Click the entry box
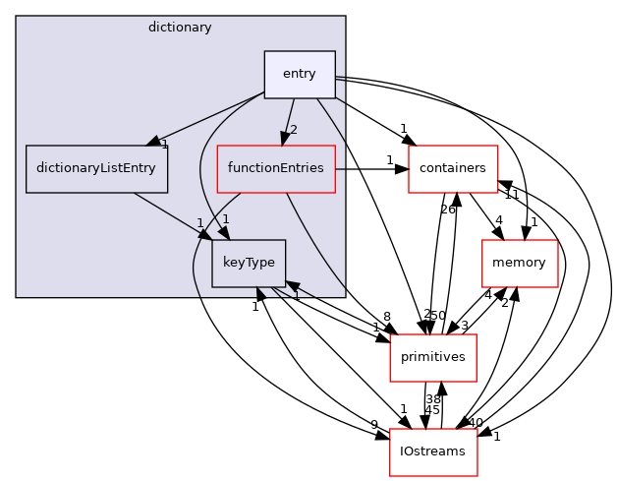[x=300, y=74]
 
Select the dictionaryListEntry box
[x=96, y=168]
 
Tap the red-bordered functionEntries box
[x=276, y=168]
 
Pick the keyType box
[x=249, y=263]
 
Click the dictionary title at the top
[x=180, y=28]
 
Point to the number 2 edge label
[x=293, y=130]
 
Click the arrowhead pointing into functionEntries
[x=285, y=139]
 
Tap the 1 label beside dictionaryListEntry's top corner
[x=165, y=146]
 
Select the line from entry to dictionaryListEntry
[x=211, y=117]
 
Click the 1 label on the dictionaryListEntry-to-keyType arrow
[x=199, y=222]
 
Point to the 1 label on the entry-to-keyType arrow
[x=225, y=218]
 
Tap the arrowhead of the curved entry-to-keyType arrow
[x=223, y=233]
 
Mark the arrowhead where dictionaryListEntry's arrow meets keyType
[x=204, y=234]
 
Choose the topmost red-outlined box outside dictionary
[x=453, y=168]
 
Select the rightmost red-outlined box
[x=520, y=263]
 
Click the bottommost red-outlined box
[x=433, y=451]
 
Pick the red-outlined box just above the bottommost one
[x=432, y=357]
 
